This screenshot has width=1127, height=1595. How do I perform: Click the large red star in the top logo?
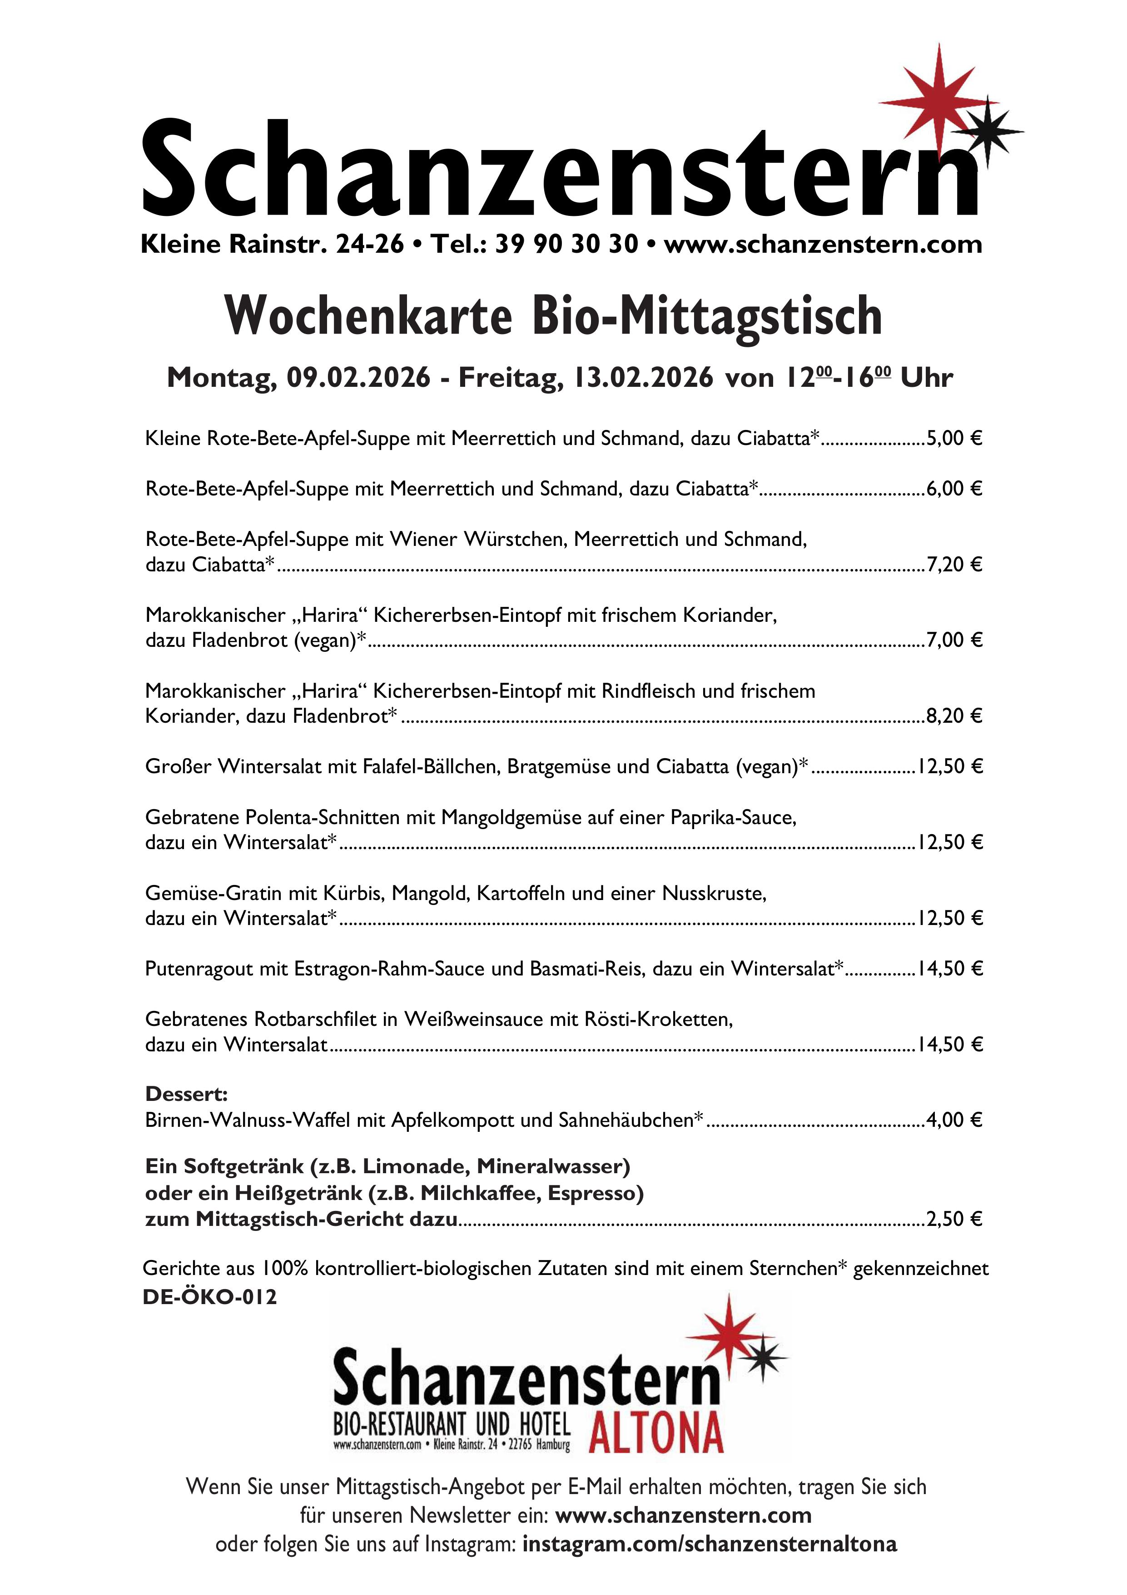[x=938, y=103]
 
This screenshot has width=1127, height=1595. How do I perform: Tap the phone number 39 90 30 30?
[x=566, y=244]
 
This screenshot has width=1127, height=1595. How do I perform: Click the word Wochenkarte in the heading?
[x=368, y=316]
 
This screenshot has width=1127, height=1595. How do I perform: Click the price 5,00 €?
[x=954, y=438]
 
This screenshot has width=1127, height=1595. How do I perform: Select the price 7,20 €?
[x=954, y=564]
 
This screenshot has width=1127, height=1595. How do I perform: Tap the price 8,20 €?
[x=954, y=715]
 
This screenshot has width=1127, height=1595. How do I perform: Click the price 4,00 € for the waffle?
[x=954, y=1120]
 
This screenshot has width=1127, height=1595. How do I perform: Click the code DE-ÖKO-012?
[x=210, y=1297]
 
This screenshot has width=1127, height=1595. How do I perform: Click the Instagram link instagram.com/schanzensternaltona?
[x=710, y=1544]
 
